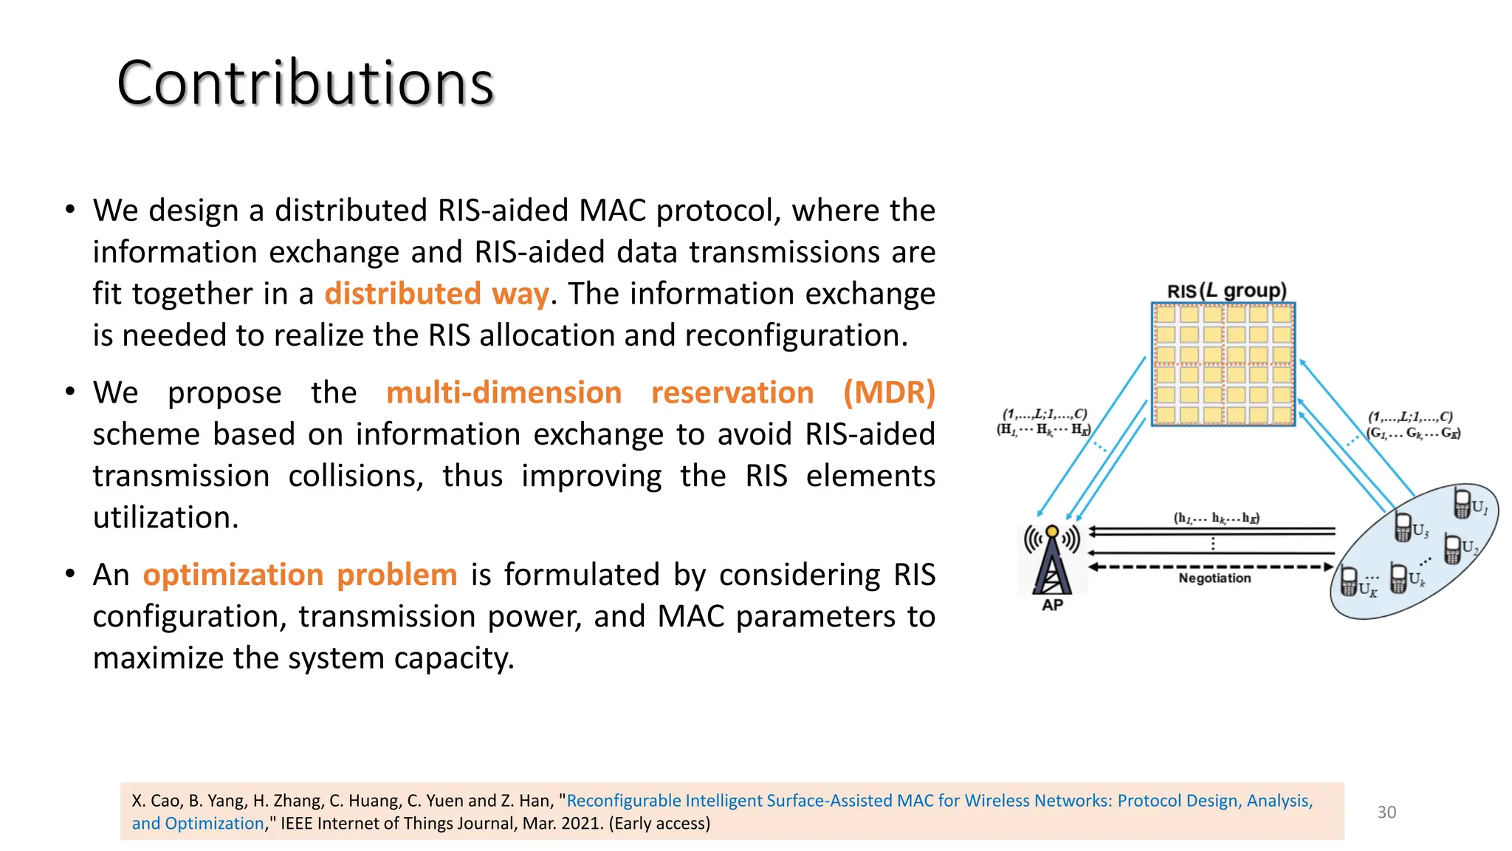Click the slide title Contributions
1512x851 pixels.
(305, 83)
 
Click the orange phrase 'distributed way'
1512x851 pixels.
(436, 294)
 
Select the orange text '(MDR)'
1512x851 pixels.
(889, 392)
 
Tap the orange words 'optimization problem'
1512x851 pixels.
(300, 575)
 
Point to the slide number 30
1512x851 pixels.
(1386, 812)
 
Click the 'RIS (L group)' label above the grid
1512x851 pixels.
(1226, 290)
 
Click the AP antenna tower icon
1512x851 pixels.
(1052, 560)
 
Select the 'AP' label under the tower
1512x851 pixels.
(1052, 605)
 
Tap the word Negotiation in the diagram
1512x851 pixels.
(1214, 578)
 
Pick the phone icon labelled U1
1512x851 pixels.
(1462, 503)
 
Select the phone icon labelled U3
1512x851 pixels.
(1403, 527)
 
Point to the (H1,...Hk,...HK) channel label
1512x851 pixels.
(1043, 429)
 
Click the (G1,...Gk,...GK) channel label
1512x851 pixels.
(1412, 433)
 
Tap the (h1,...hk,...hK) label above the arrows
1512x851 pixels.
(1216, 518)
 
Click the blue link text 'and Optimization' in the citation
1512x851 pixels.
(198, 824)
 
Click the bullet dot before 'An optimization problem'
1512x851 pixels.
(70, 574)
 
